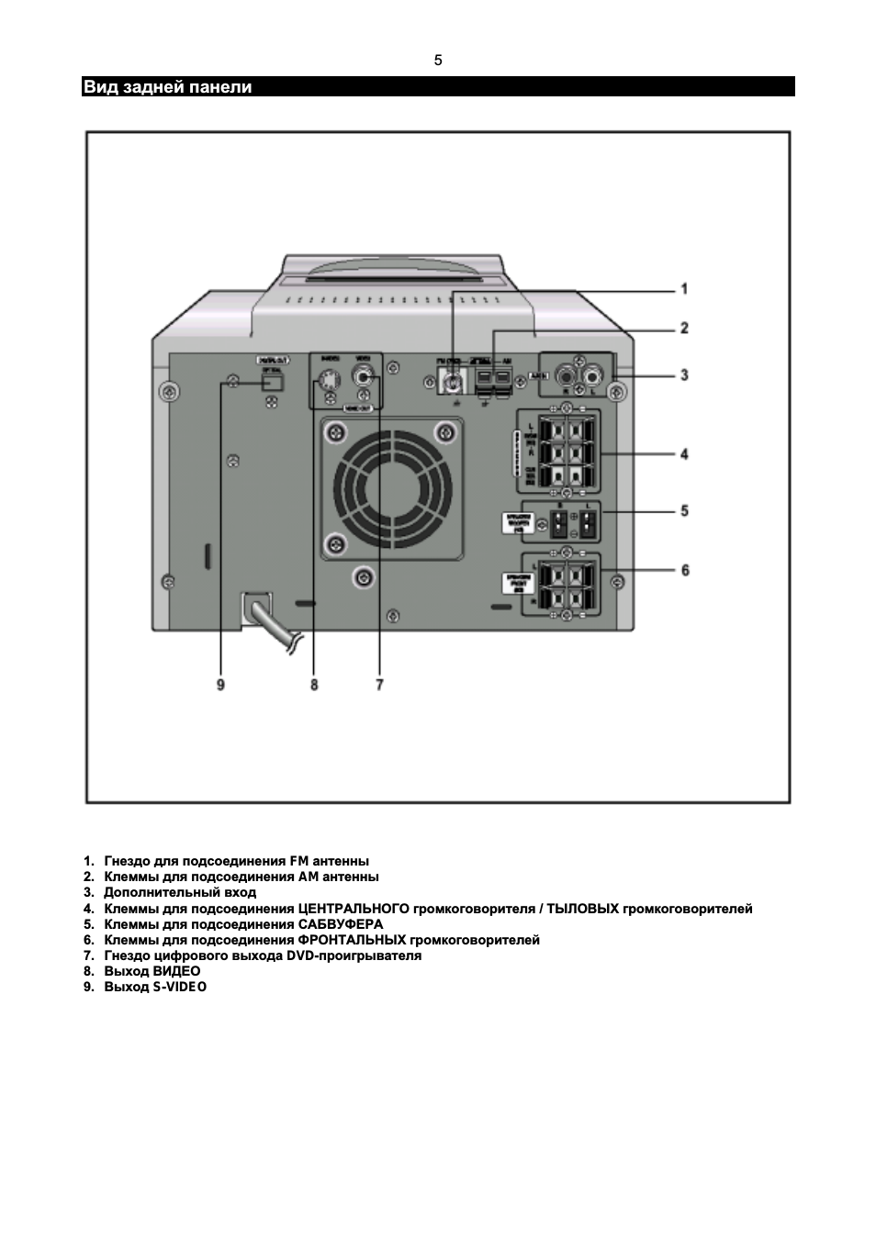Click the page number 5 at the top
(438, 61)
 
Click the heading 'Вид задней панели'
(167, 87)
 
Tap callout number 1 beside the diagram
(684, 289)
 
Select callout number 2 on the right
(684, 329)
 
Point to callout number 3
(684, 374)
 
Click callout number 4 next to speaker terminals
(684, 453)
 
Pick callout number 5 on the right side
(684, 510)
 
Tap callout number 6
(684, 570)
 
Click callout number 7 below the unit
(379, 684)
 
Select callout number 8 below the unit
(314, 684)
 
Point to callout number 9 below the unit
(220, 684)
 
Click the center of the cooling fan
(392, 489)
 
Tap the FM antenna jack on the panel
(454, 380)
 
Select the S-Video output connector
(329, 378)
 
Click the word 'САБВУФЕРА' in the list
(341, 924)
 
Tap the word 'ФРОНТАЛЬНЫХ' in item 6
(352, 940)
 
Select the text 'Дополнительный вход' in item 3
(180, 892)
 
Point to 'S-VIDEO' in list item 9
(180, 987)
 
